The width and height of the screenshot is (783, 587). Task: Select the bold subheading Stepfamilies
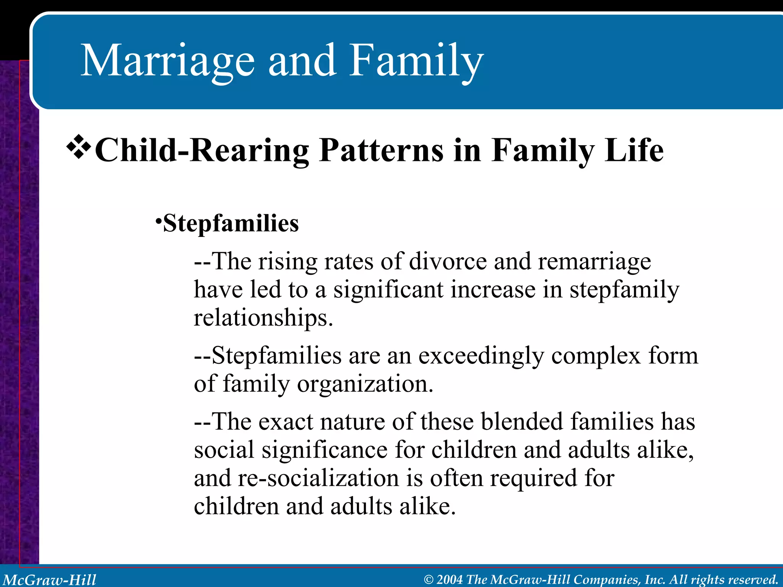tap(231, 223)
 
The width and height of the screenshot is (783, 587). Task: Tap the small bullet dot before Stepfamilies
tap(158, 221)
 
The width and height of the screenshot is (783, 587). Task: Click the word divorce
tap(448, 262)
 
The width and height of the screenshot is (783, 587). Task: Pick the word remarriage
tap(594, 262)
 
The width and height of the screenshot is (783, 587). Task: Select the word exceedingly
tap(481, 356)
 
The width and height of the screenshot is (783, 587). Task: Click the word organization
tap(365, 384)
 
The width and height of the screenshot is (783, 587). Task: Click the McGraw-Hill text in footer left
tap(50, 579)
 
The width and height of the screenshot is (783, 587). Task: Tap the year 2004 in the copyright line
tap(450, 579)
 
